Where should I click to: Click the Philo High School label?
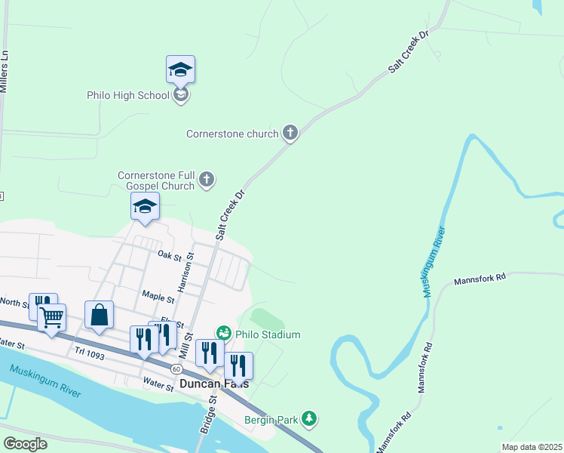coord(128,95)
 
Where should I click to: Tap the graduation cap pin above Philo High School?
coord(180,69)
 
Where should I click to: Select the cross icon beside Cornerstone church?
coord(290,134)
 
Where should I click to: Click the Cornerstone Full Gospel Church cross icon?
coord(207,180)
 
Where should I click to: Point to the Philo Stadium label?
coord(268,334)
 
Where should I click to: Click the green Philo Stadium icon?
coord(223,333)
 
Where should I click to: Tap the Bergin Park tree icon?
coord(308,418)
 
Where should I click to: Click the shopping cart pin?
coord(51,318)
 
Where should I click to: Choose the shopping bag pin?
coord(100,315)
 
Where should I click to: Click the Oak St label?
coord(170,255)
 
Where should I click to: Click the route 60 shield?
coord(176,368)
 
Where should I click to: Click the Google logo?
coord(26,444)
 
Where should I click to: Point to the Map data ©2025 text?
coord(531,447)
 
